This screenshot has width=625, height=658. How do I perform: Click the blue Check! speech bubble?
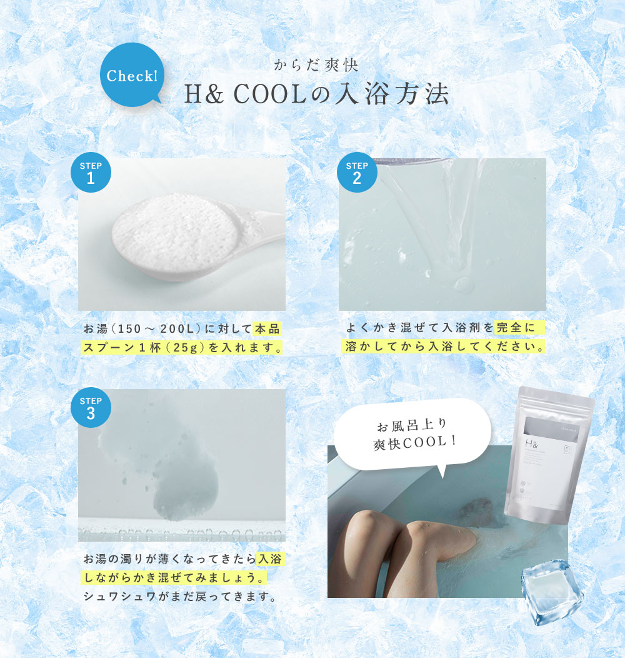[131, 76]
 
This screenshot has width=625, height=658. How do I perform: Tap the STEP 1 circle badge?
[91, 172]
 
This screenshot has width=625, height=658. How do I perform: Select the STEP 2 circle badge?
[357, 172]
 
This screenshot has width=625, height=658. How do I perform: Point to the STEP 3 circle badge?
[91, 407]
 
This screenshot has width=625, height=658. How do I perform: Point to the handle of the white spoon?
[262, 220]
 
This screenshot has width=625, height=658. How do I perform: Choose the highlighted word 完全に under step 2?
[519, 327]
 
